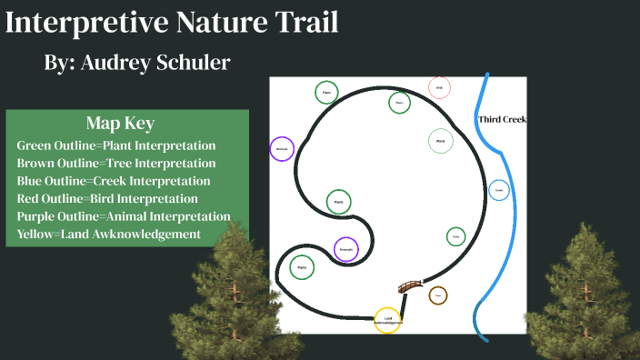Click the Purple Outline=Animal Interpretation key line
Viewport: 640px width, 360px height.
click(124, 216)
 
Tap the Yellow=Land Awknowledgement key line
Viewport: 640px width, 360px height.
click(108, 235)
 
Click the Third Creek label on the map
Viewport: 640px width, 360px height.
click(502, 120)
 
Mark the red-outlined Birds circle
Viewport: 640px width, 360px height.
click(439, 87)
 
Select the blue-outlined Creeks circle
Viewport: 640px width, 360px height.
click(498, 190)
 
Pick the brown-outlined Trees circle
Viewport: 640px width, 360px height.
click(438, 295)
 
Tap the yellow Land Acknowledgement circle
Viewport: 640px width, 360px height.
click(388, 320)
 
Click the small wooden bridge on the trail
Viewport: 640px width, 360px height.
click(411, 286)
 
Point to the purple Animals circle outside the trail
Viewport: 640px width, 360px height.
click(283, 149)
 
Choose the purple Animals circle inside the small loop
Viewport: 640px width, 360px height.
click(345, 249)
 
